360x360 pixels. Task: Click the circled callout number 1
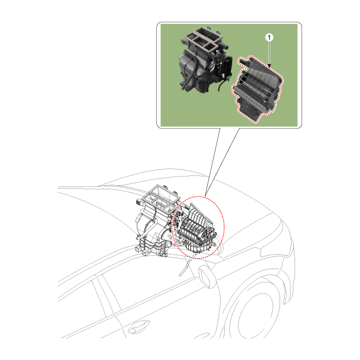269,37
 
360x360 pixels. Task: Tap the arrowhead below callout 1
269,65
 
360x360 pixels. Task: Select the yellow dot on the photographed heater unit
221,62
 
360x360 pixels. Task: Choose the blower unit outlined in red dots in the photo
257,89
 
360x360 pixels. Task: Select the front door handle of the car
139,326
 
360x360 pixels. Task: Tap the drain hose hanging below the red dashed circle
185,266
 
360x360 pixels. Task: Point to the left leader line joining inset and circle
212,162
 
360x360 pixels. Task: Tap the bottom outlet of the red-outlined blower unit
249,110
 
